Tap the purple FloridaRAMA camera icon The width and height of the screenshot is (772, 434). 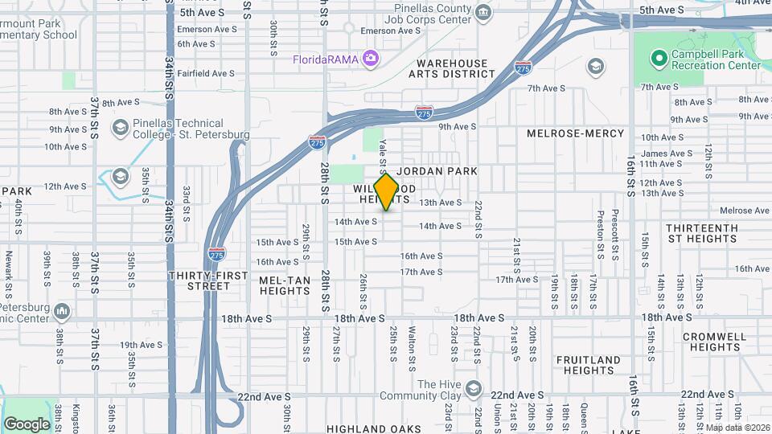(371, 58)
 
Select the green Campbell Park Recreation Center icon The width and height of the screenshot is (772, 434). (659, 58)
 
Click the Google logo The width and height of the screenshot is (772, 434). (27, 424)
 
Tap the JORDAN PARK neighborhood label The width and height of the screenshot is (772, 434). (437, 171)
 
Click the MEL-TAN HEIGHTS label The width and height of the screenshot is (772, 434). (285, 286)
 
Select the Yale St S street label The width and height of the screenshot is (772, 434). (384, 155)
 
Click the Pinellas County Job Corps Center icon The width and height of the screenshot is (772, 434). (483, 11)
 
